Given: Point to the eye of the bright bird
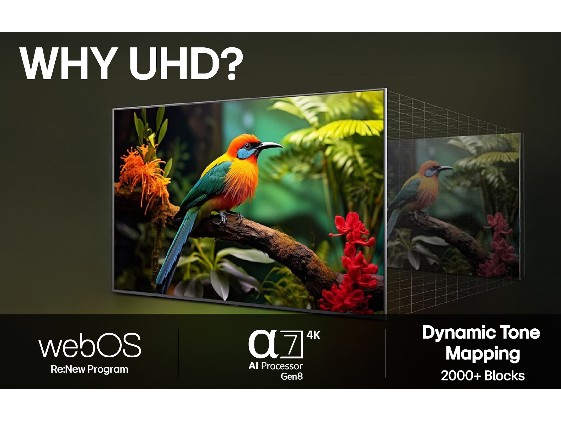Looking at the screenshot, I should tap(247, 146).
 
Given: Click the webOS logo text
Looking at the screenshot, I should tap(90, 345).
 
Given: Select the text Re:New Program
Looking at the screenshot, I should tap(89, 369).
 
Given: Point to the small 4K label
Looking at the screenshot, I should tap(313, 335).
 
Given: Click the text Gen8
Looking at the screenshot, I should tap(292, 376).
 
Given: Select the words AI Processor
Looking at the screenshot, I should tap(275, 366).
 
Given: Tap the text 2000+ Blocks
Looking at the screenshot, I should tap(483, 376).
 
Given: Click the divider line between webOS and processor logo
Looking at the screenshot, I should tap(178, 353).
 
